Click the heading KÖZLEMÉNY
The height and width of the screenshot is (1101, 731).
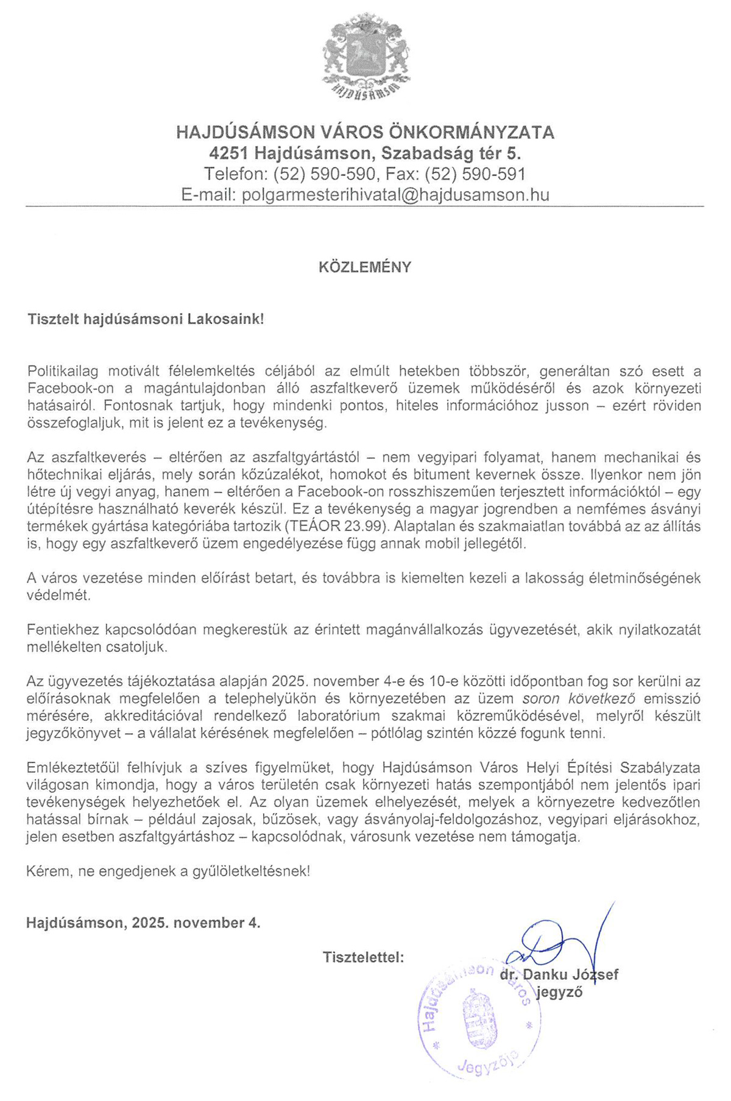point(365,267)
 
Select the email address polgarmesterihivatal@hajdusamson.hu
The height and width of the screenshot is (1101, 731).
point(395,195)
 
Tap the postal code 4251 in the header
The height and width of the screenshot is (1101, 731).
point(227,153)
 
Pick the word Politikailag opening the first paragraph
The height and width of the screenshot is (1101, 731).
point(63,371)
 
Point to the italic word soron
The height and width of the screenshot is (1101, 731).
point(540,698)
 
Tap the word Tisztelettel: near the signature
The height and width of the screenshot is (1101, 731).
point(364,957)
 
